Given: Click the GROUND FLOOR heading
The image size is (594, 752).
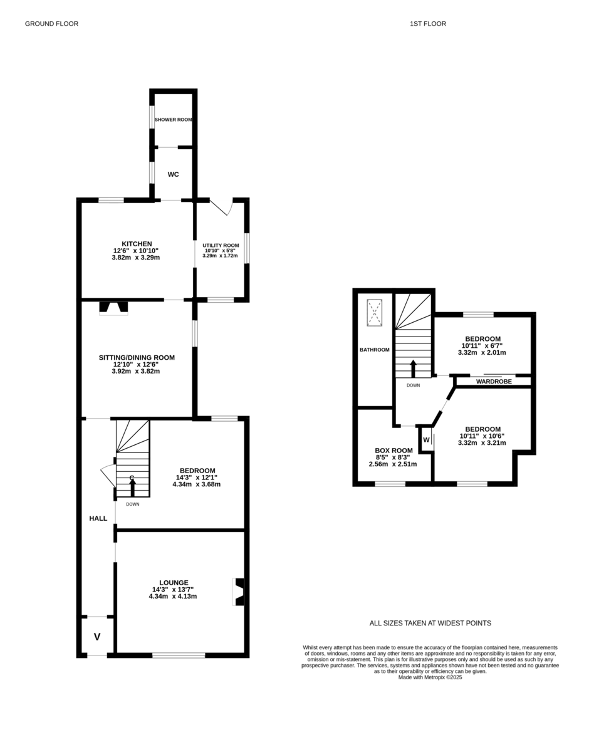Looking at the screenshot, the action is (52, 24).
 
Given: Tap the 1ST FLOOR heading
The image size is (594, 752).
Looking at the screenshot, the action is (428, 24).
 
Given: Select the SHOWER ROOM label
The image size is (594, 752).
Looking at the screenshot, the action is (174, 120).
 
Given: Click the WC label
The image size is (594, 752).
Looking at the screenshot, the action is (174, 174).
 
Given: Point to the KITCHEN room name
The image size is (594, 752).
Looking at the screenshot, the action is (137, 244).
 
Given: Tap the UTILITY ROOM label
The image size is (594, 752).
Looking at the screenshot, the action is (221, 246).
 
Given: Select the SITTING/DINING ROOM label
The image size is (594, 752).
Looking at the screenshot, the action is (137, 357).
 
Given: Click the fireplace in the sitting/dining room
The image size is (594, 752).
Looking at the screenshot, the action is (113, 308).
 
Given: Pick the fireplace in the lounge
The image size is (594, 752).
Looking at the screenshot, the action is (238, 592).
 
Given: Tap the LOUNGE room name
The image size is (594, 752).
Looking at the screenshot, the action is (174, 583).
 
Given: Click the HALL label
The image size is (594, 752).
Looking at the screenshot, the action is (98, 519).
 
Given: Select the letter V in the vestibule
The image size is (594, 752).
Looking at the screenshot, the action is (97, 637).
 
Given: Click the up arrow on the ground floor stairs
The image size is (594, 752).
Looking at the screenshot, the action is (132, 488).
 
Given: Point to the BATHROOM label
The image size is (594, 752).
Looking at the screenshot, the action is (375, 350).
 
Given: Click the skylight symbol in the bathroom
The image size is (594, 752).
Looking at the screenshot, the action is (375, 313).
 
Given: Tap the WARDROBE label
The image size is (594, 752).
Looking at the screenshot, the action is (494, 382).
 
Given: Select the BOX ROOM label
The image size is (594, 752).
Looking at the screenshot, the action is (393, 451).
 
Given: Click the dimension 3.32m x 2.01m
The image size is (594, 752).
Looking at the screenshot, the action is (482, 353).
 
